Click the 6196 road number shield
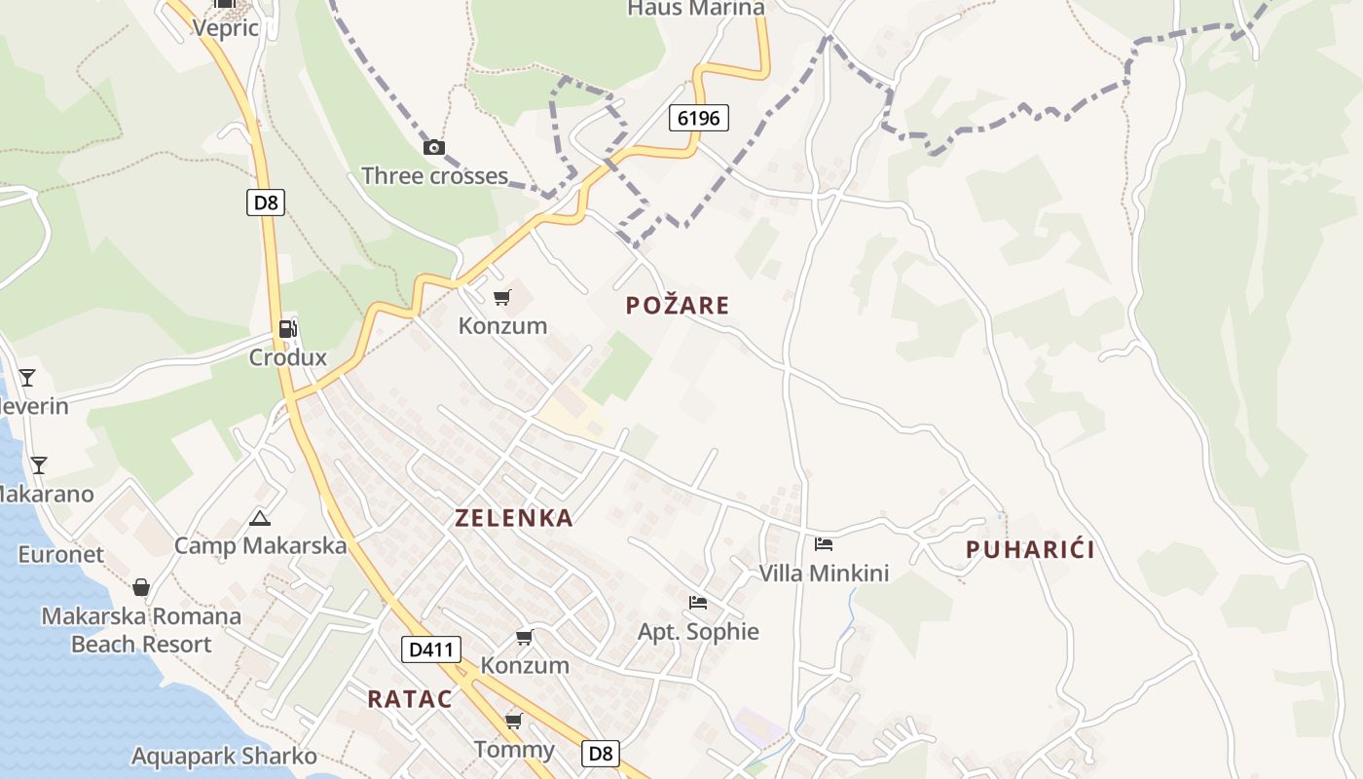[699, 119]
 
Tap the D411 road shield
[430, 649]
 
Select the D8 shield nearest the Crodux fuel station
[265, 203]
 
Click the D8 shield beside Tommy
[602, 753]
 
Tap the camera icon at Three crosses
[434, 148]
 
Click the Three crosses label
[434, 176]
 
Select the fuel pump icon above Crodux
[287, 329]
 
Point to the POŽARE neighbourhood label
[678, 306]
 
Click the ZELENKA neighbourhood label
[514, 518]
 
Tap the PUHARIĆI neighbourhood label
[1030, 550]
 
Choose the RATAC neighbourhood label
[410, 699]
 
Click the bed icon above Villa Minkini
[824, 544]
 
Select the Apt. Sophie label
[698, 632]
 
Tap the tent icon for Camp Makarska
[259, 518]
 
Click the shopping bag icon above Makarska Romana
[141, 587]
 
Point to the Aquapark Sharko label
[224, 757]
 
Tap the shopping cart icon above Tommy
[513, 722]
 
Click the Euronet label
[60, 555]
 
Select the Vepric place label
[226, 27]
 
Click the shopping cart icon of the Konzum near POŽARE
[502, 297]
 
